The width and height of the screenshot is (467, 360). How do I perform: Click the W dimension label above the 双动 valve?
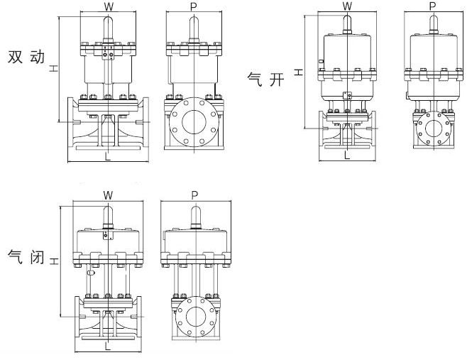(x=109, y=6)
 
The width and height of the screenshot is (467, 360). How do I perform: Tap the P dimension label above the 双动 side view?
(x=194, y=7)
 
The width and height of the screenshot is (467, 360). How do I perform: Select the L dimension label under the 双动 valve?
(x=107, y=156)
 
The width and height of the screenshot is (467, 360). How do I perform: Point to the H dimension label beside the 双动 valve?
(x=54, y=69)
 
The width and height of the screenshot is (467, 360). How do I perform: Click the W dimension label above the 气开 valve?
(x=347, y=6)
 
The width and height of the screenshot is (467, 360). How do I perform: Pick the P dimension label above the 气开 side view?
(x=432, y=6)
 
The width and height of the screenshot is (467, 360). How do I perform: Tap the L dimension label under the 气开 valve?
(x=347, y=155)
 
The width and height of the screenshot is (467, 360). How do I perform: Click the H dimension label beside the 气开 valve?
(x=299, y=72)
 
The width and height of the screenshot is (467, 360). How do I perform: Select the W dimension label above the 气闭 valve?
(x=108, y=195)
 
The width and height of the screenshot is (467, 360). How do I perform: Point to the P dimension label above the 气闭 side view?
(x=194, y=195)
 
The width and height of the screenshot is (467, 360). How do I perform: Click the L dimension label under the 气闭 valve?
(x=107, y=346)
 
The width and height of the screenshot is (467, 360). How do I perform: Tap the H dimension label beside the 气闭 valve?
(x=54, y=261)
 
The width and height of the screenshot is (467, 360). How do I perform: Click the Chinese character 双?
(x=15, y=57)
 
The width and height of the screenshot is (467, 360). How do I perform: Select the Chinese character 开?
(x=277, y=80)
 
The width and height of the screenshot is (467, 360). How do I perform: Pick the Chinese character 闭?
(x=37, y=257)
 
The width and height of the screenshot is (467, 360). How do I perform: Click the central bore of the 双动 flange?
(x=194, y=122)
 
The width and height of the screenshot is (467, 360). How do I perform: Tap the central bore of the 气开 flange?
(x=434, y=129)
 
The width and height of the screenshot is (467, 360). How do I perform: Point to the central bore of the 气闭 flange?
(x=195, y=317)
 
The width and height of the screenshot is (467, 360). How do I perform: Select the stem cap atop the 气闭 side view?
(x=195, y=215)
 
